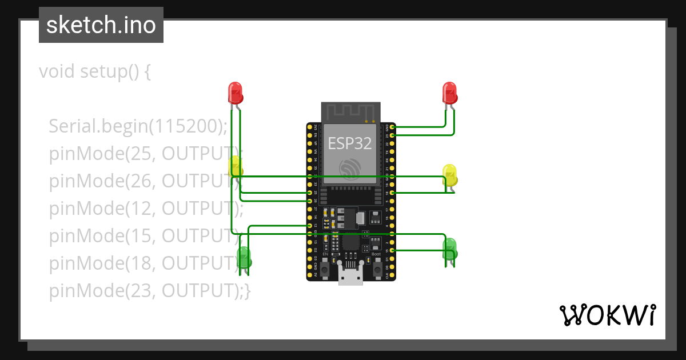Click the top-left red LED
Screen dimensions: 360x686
235,91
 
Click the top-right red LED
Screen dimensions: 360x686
449,91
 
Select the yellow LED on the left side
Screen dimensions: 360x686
235,166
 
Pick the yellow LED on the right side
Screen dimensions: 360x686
449,174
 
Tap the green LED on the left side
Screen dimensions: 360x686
244,257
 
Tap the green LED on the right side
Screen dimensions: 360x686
449,248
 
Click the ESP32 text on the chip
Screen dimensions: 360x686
349,143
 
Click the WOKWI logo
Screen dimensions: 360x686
607,315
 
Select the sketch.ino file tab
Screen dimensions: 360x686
101,25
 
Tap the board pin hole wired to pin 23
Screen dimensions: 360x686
392,135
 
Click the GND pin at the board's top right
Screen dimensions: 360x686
392,127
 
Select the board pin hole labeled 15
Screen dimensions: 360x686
392,250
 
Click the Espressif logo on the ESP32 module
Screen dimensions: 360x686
349,168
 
